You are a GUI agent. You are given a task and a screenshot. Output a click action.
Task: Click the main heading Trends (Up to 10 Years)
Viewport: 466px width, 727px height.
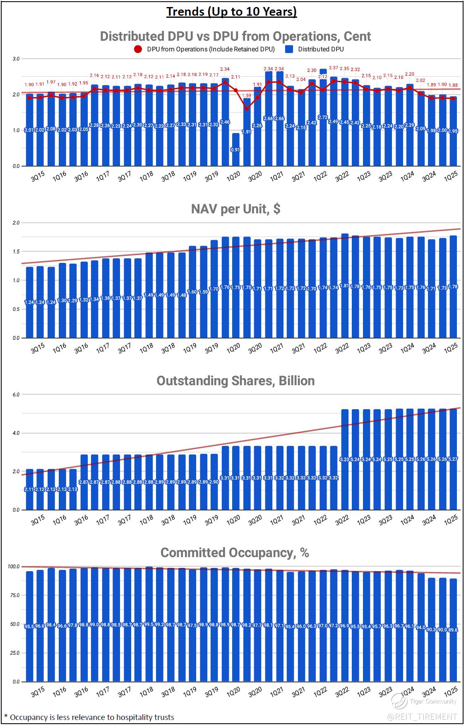[232, 12]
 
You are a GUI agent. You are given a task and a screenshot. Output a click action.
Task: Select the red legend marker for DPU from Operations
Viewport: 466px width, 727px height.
[138, 50]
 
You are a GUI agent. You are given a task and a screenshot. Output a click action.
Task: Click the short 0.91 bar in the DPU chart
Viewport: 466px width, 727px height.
[235, 149]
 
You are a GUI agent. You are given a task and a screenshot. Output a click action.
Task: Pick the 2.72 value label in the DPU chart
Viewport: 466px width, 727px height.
[323, 117]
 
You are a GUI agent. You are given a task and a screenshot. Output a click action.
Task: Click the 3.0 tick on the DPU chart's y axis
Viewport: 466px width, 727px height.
[16, 59]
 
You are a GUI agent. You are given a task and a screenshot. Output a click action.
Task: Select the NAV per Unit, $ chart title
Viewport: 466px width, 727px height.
[235, 209]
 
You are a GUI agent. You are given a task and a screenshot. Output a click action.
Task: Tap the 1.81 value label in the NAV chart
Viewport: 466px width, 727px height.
[345, 286]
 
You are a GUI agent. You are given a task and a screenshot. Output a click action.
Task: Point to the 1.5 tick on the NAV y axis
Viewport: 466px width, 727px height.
[17, 251]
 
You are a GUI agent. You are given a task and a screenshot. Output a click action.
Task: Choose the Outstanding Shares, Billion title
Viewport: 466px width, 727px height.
[235, 381]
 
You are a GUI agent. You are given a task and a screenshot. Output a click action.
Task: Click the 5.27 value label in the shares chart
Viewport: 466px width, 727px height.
[453, 459]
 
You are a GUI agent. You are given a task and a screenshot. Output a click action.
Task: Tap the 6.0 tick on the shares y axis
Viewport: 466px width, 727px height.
[16, 395]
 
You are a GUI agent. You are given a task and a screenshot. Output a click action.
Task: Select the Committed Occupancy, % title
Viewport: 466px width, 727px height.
[235, 553]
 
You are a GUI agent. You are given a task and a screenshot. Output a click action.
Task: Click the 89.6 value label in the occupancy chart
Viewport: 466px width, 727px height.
[453, 630]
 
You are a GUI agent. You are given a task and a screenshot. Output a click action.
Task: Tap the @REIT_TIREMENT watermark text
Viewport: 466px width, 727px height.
[422, 716]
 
